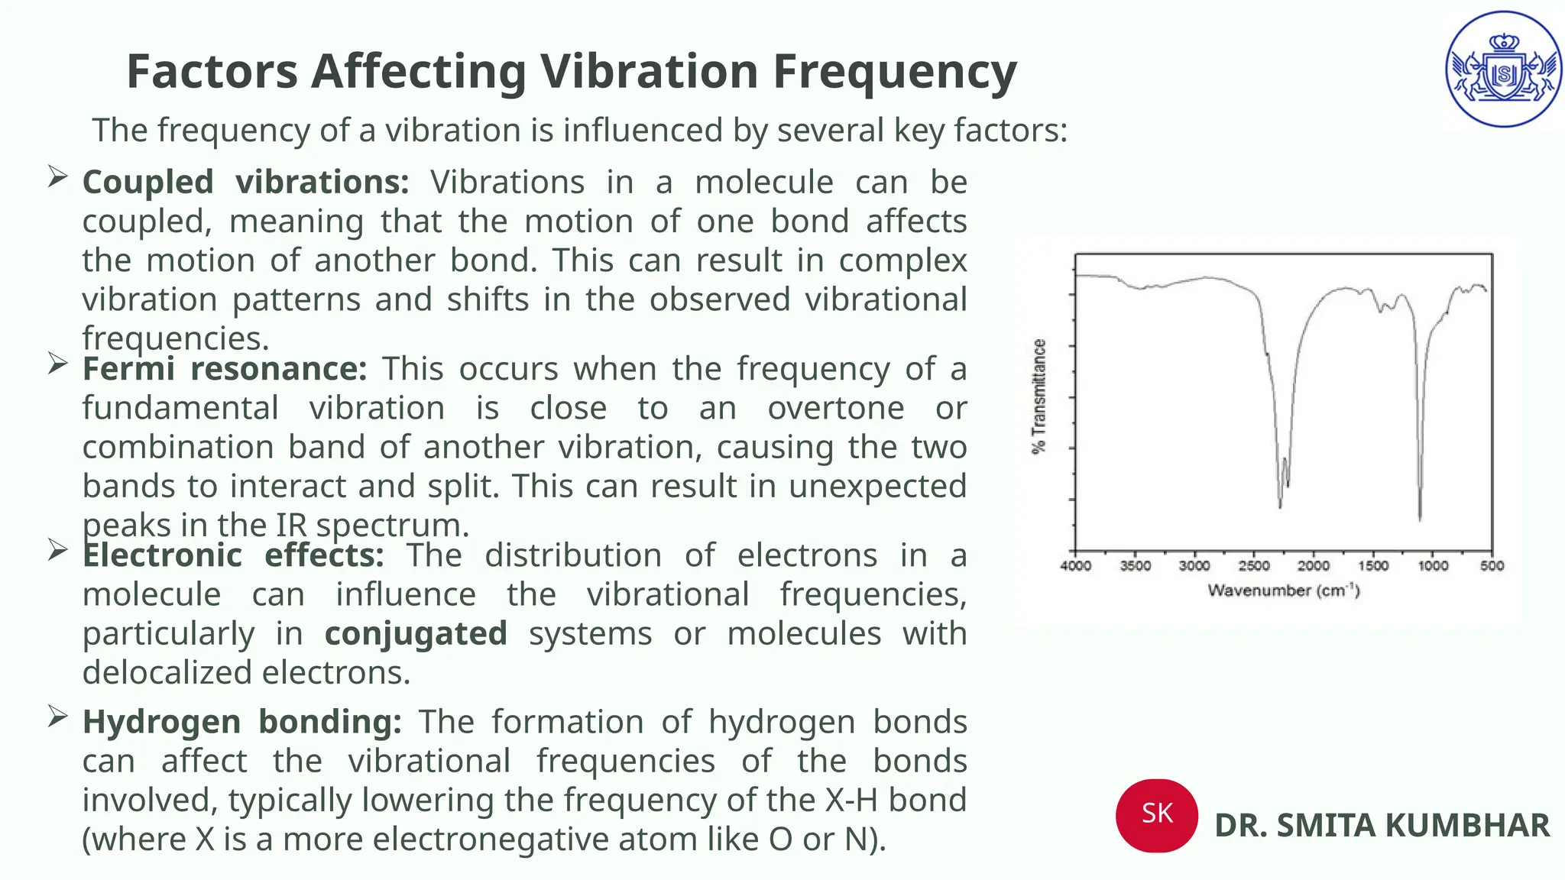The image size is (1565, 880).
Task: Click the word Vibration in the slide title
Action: (648, 71)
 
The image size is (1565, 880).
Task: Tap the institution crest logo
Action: (1503, 70)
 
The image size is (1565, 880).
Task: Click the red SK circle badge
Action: (1156, 814)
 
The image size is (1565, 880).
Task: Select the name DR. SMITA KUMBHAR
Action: (1382, 826)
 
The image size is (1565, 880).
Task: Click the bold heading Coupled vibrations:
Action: (245, 183)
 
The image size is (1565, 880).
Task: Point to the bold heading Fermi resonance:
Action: (225, 369)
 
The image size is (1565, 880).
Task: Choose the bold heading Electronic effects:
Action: (233, 555)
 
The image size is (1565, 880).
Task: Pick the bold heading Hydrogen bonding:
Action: (241, 722)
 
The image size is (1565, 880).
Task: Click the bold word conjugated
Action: (416, 634)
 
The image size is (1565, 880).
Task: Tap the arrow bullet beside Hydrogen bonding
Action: (57, 717)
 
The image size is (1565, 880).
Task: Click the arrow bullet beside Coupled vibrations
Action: (57, 177)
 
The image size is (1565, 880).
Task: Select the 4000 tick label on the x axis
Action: (1075, 566)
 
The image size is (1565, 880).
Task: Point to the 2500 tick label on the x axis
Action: (1254, 566)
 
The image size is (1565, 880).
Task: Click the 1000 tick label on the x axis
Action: (1433, 566)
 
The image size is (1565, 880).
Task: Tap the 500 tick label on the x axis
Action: (1492, 566)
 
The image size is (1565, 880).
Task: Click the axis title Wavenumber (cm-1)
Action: (1283, 590)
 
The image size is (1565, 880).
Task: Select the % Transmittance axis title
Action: (1038, 396)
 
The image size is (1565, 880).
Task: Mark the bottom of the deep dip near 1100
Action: (1420, 519)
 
